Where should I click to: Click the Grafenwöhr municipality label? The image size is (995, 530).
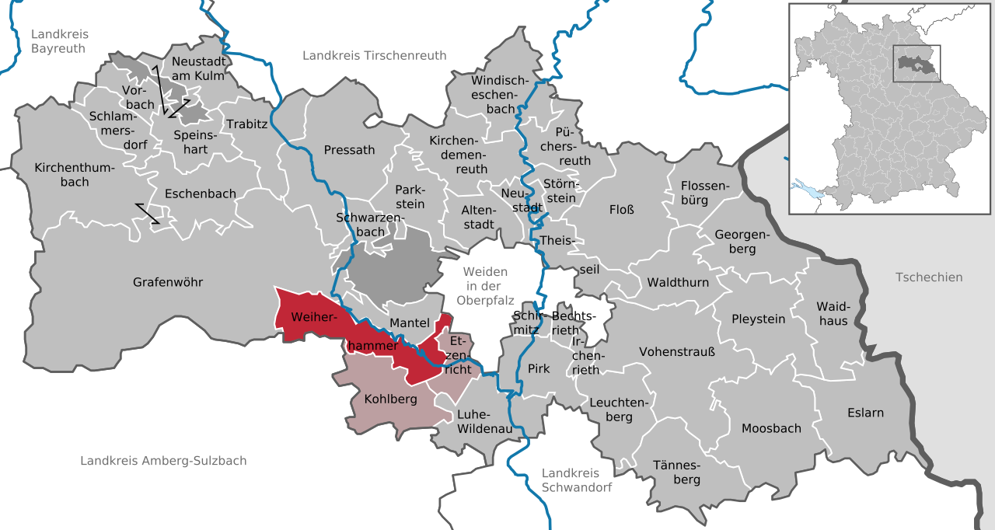click(167, 282)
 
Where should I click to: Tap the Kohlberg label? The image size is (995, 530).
click(390, 399)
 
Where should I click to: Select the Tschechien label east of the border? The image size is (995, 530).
click(928, 277)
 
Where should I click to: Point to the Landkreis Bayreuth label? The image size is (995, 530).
click(60, 41)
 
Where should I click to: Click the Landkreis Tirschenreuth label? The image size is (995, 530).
click(375, 55)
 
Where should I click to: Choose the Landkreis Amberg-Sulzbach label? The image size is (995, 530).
click(163, 461)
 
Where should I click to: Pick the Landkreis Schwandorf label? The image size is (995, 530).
click(576, 480)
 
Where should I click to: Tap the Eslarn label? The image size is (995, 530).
click(865, 413)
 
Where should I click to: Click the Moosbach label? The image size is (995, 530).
click(770, 428)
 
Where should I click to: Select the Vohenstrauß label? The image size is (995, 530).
click(676, 352)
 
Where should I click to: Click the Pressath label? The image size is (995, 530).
click(349, 150)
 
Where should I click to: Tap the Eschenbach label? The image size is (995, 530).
click(201, 194)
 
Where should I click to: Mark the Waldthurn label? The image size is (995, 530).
click(678, 282)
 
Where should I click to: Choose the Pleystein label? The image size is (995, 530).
click(758, 319)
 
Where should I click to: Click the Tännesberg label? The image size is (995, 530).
click(676, 472)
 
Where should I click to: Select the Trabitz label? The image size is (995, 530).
click(246, 124)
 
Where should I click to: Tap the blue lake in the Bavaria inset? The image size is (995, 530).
click(808, 188)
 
